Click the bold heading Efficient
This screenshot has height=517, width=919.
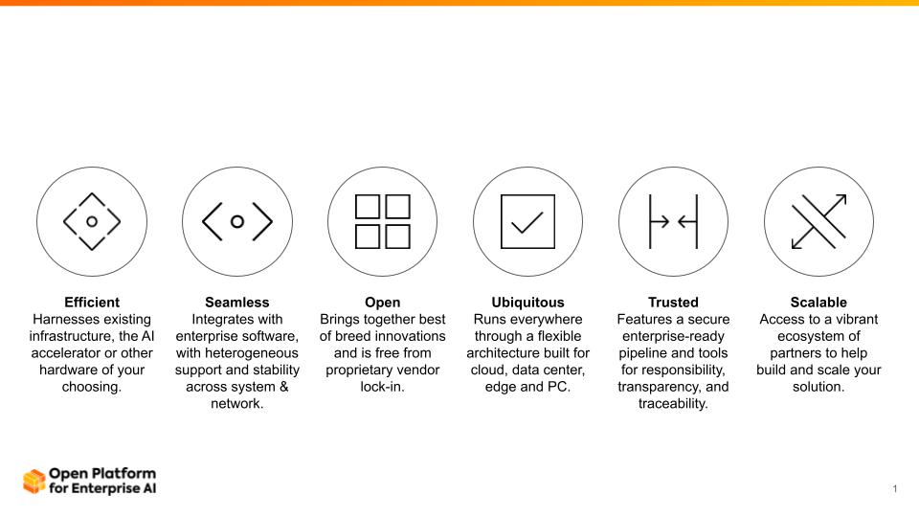pyautogui.click(x=92, y=303)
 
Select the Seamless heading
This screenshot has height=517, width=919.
pyautogui.click(x=237, y=303)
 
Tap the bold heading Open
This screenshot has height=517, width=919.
pyautogui.click(x=383, y=303)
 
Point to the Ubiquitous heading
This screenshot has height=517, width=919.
pyautogui.click(x=528, y=303)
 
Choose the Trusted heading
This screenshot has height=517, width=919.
pyautogui.click(x=673, y=303)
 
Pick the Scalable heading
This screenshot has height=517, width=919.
pyautogui.click(x=818, y=303)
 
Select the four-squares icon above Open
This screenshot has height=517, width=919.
pyautogui.click(x=383, y=221)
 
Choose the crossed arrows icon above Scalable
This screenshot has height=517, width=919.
pyautogui.click(x=818, y=221)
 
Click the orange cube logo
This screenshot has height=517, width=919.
pyautogui.click(x=34, y=482)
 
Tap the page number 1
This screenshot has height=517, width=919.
pyautogui.click(x=895, y=489)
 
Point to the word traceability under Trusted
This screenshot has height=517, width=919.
pyautogui.click(x=673, y=403)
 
